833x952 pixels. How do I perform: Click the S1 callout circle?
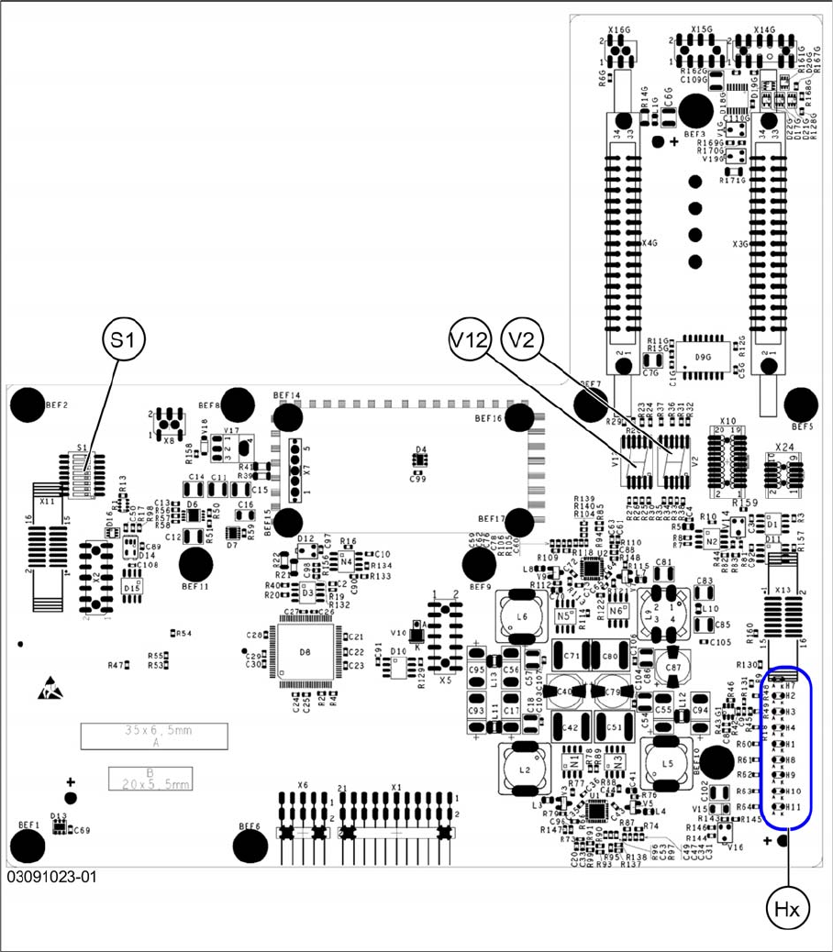point(122,340)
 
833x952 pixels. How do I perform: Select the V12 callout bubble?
point(472,339)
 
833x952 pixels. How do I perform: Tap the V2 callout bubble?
point(524,339)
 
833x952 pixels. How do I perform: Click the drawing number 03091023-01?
point(51,878)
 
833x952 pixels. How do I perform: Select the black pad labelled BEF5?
point(802,404)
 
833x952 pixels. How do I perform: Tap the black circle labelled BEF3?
point(695,111)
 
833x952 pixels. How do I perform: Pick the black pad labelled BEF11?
point(194,566)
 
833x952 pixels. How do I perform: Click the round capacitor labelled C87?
point(672,668)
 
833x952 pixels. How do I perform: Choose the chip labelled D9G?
point(703,357)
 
